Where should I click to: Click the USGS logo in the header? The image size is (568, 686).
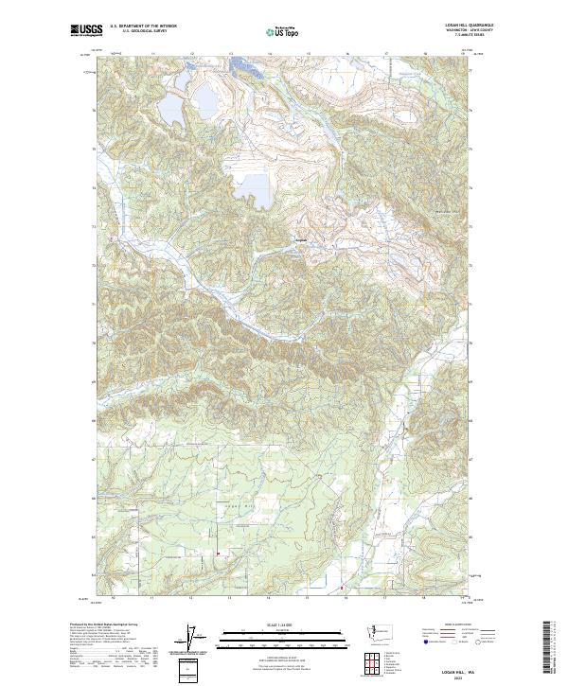click(x=86, y=30)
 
